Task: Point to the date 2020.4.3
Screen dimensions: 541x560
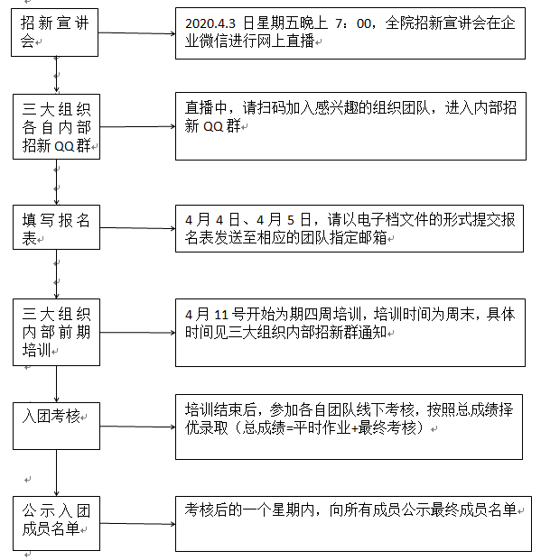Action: coord(210,23)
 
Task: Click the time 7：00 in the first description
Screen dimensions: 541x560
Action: coord(353,23)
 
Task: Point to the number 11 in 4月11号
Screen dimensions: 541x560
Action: coord(221,315)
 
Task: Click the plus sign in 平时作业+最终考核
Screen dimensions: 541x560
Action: coord(354,428)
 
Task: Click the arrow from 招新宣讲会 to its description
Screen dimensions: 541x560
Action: coord(137,33)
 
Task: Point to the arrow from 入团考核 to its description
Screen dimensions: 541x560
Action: coord(138,427)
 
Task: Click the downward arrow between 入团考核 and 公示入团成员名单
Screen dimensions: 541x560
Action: coord(57,473)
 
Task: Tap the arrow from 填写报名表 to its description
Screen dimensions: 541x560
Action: coord(138,228)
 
